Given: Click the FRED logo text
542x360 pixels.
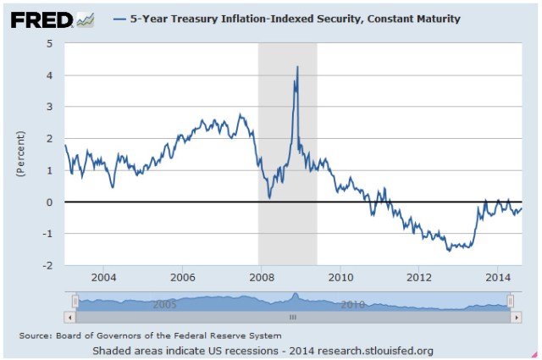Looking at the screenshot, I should (x=41, y=19).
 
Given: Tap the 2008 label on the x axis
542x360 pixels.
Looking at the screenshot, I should (x=262, y=277).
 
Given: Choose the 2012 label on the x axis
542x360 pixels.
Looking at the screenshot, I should (x=419, y=277).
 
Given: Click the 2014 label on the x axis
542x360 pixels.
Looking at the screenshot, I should (x=498, y=277).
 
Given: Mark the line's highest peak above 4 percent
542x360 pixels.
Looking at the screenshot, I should (x=296, y=67).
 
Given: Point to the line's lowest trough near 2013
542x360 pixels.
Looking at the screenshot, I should (x=449, y=251).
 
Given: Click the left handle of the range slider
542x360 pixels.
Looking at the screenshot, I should (x=75, y=301).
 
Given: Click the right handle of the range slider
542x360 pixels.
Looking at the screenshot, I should (x=510, y=301).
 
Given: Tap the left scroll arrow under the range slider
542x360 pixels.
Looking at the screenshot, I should (x=69, y=317).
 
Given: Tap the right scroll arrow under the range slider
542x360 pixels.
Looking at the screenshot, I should (x=517, y=317).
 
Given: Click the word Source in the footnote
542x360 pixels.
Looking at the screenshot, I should (x=34, y=336).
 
